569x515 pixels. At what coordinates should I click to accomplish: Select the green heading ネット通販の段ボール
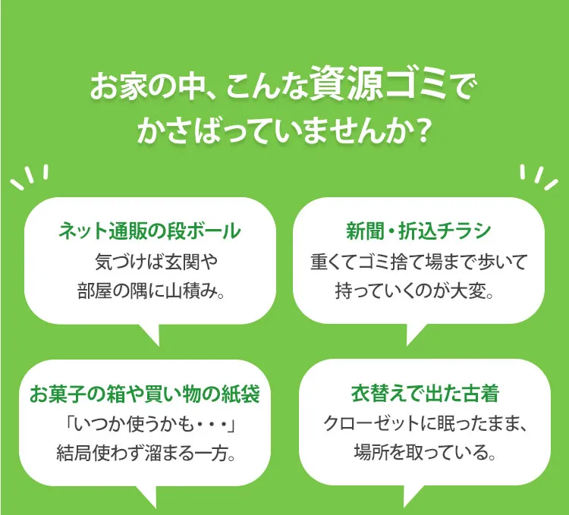[x=149, y=231]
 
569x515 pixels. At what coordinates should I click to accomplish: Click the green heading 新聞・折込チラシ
[x=418, y=231]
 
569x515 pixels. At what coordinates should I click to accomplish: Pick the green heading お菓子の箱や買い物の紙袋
[x=145, y=393]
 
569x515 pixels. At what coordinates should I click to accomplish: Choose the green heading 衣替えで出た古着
[x=425, y=393]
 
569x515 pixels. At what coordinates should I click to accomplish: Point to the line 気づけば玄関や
[x=156, y=262]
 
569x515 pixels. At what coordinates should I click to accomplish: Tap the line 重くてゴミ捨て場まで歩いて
[x=418, y=262]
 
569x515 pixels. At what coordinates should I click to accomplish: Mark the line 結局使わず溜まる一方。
[x=146, y=454]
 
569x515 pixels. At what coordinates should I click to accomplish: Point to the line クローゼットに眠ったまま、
[x=425, y=424]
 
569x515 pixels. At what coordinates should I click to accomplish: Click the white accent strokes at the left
[x=30, y=177]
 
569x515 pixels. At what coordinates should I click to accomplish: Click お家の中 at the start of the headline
[x=144, y=87]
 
